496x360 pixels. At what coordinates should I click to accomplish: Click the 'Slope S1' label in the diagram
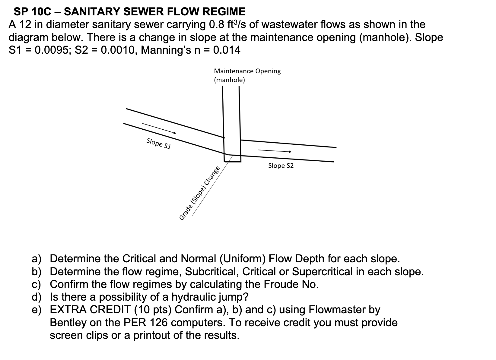coord(159,144)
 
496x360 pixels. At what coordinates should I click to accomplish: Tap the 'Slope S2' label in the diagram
coord(281,166)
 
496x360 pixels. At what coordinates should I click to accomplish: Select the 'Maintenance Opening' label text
coord(247,71)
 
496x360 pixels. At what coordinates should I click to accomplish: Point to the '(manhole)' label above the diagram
coord(229,80)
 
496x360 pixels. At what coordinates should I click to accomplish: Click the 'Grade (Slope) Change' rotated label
coord(199,193)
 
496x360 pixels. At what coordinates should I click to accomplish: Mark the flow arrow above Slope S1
coord(159,128)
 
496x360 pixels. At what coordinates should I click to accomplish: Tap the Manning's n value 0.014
coord(226,50)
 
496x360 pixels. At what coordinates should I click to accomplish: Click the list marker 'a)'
coord(37,259)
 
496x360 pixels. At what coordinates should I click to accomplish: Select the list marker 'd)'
coord(37,297)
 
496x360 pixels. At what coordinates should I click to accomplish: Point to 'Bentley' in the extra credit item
coord(68,323)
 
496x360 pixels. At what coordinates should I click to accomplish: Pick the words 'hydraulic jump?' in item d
coord(210,297)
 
